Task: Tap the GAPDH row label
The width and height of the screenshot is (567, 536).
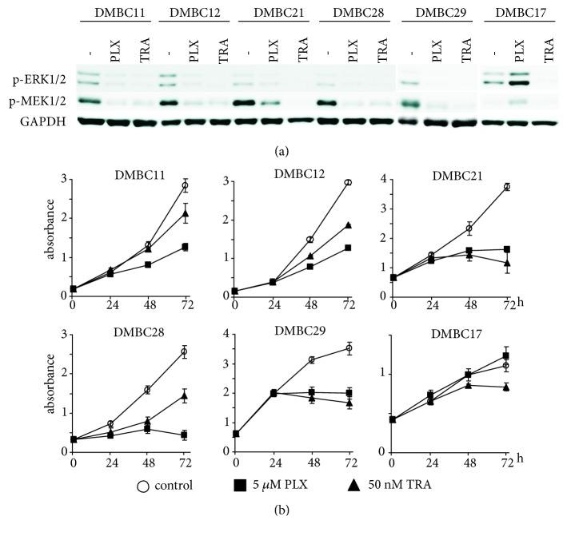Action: click(x=39, y=121)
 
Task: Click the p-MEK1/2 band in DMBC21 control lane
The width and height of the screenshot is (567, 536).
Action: click(x=249, y=102)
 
